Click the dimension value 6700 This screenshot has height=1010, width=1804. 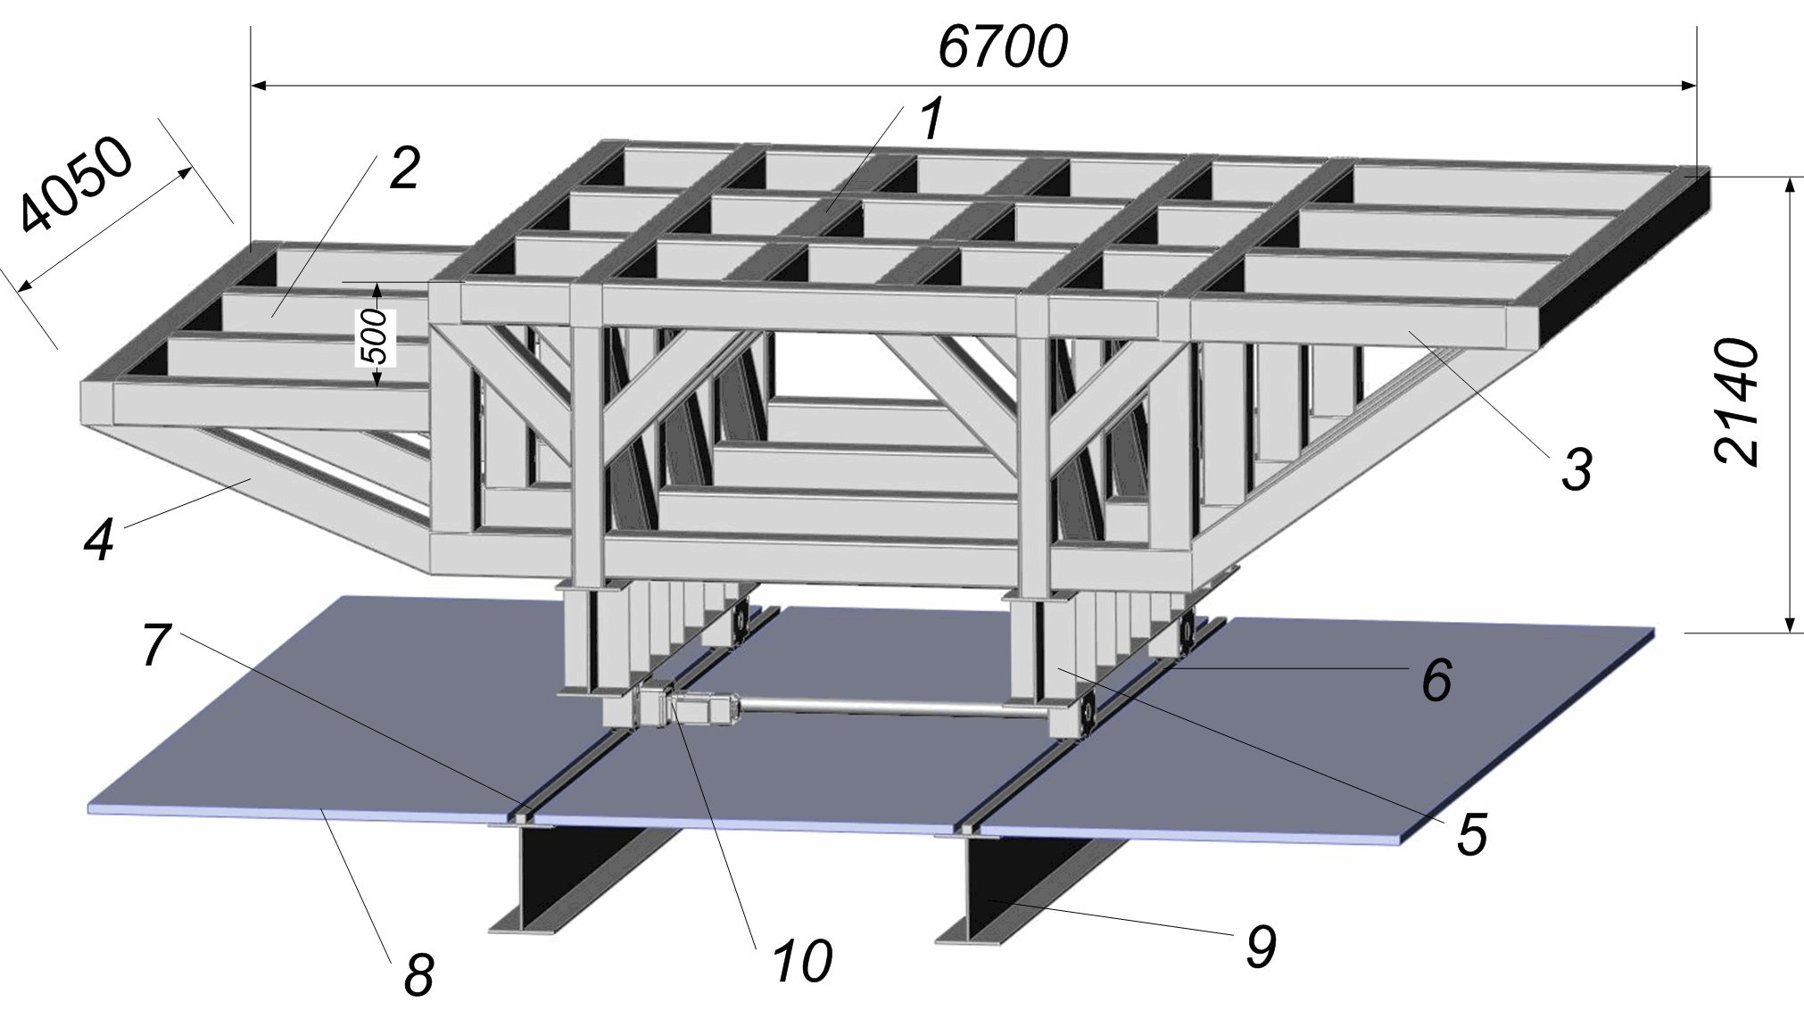1002,47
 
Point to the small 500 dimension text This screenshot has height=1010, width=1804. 378,335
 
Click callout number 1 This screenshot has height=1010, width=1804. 931,120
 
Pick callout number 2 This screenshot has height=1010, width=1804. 403,168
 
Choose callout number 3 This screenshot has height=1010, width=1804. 1576,468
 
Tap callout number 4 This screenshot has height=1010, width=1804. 99,538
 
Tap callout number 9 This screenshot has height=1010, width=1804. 1259,945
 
